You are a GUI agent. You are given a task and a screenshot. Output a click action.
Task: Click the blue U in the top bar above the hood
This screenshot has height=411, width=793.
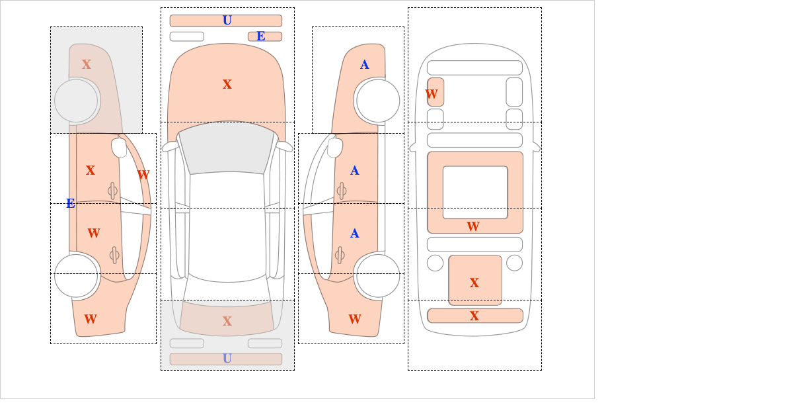227,21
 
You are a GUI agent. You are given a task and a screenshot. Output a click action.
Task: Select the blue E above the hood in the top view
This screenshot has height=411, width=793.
261,36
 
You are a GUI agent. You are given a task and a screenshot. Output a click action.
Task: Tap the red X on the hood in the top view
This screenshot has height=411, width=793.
227,85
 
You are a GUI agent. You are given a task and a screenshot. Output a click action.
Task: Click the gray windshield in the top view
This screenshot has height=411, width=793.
227,148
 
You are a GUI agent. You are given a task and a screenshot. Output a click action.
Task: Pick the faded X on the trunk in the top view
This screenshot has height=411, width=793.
227,321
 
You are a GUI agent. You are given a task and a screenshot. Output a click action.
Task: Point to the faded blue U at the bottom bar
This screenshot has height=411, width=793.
227,359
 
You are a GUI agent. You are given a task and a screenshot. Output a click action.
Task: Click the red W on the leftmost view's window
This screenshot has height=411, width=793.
143,175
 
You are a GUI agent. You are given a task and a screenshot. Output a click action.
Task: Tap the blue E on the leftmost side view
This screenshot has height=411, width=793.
71,204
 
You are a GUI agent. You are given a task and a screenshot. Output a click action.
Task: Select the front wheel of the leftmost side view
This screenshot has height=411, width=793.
76,101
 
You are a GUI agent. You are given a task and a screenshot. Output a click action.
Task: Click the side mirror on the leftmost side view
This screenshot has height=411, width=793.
119,148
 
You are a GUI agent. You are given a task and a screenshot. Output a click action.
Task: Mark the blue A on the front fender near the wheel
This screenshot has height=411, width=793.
365,65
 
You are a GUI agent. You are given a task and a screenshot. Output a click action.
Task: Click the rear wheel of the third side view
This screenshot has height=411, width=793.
378,275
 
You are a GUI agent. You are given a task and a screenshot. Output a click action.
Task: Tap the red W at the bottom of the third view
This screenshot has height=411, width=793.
355,319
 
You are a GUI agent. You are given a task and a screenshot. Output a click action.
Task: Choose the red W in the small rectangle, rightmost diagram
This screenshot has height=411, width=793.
432,95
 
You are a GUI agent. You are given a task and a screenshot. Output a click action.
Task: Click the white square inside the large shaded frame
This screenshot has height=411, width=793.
475,192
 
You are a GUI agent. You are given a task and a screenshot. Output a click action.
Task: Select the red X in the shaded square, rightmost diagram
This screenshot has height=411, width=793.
474,283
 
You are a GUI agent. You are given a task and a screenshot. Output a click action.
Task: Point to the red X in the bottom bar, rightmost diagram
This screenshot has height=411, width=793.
474,316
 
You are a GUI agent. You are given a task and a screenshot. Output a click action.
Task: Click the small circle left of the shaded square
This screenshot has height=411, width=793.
435,263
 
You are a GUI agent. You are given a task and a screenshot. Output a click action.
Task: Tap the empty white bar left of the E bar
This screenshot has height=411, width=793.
187,36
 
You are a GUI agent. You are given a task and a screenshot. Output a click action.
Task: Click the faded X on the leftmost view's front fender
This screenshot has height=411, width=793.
87,65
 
